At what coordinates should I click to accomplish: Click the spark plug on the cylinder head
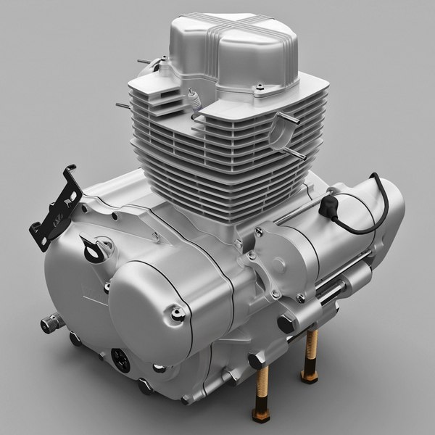[x=194, y=99]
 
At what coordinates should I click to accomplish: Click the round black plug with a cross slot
[x=120, y=359]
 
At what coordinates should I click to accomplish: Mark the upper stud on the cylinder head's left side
[x=142, y=62]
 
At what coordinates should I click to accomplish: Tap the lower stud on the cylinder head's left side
[x=122, y=105]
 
